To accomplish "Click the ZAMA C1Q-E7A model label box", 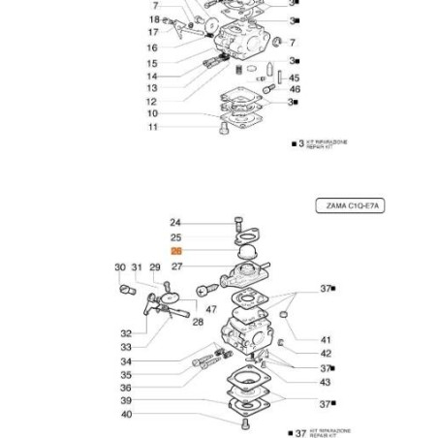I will [x=351, y=205].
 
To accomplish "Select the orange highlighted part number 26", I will [x=175, y=251].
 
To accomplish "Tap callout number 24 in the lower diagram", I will [x=175, y=223].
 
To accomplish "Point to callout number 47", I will [x=210, y=309].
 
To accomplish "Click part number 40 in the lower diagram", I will [x=126, y=414].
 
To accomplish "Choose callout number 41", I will [x=325, y=340].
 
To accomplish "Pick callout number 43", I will [x=325, y=382].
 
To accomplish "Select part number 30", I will [x=120, y=267].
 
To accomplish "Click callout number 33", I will [x=126, y=347].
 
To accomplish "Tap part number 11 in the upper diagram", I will [x=152, y=127].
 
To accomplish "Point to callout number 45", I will [x=295, y=78].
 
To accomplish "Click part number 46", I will [x=295, y=89].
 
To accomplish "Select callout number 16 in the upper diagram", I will [x=152, y=47].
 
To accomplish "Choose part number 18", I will [x=154, y=19].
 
